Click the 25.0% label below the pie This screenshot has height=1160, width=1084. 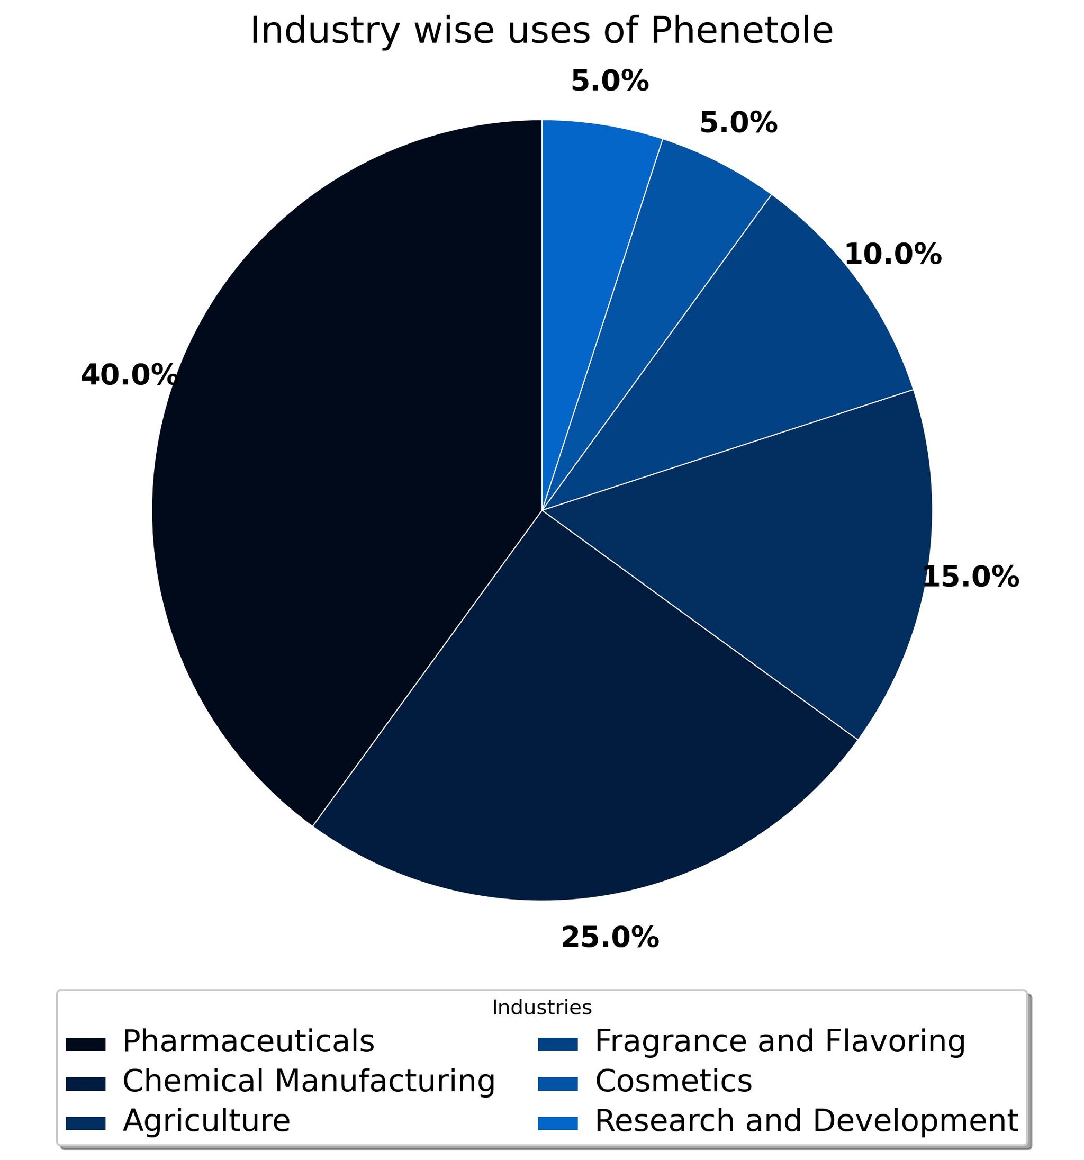610,938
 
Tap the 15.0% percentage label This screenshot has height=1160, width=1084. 971,577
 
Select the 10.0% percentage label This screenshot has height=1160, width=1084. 892,255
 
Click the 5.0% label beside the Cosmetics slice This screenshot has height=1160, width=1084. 738,122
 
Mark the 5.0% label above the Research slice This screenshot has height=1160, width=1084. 610,80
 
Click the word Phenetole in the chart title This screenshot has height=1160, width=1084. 741,30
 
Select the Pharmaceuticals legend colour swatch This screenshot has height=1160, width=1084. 86,1045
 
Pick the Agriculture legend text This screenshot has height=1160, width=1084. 206,1121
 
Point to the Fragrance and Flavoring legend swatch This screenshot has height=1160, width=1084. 558,1045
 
